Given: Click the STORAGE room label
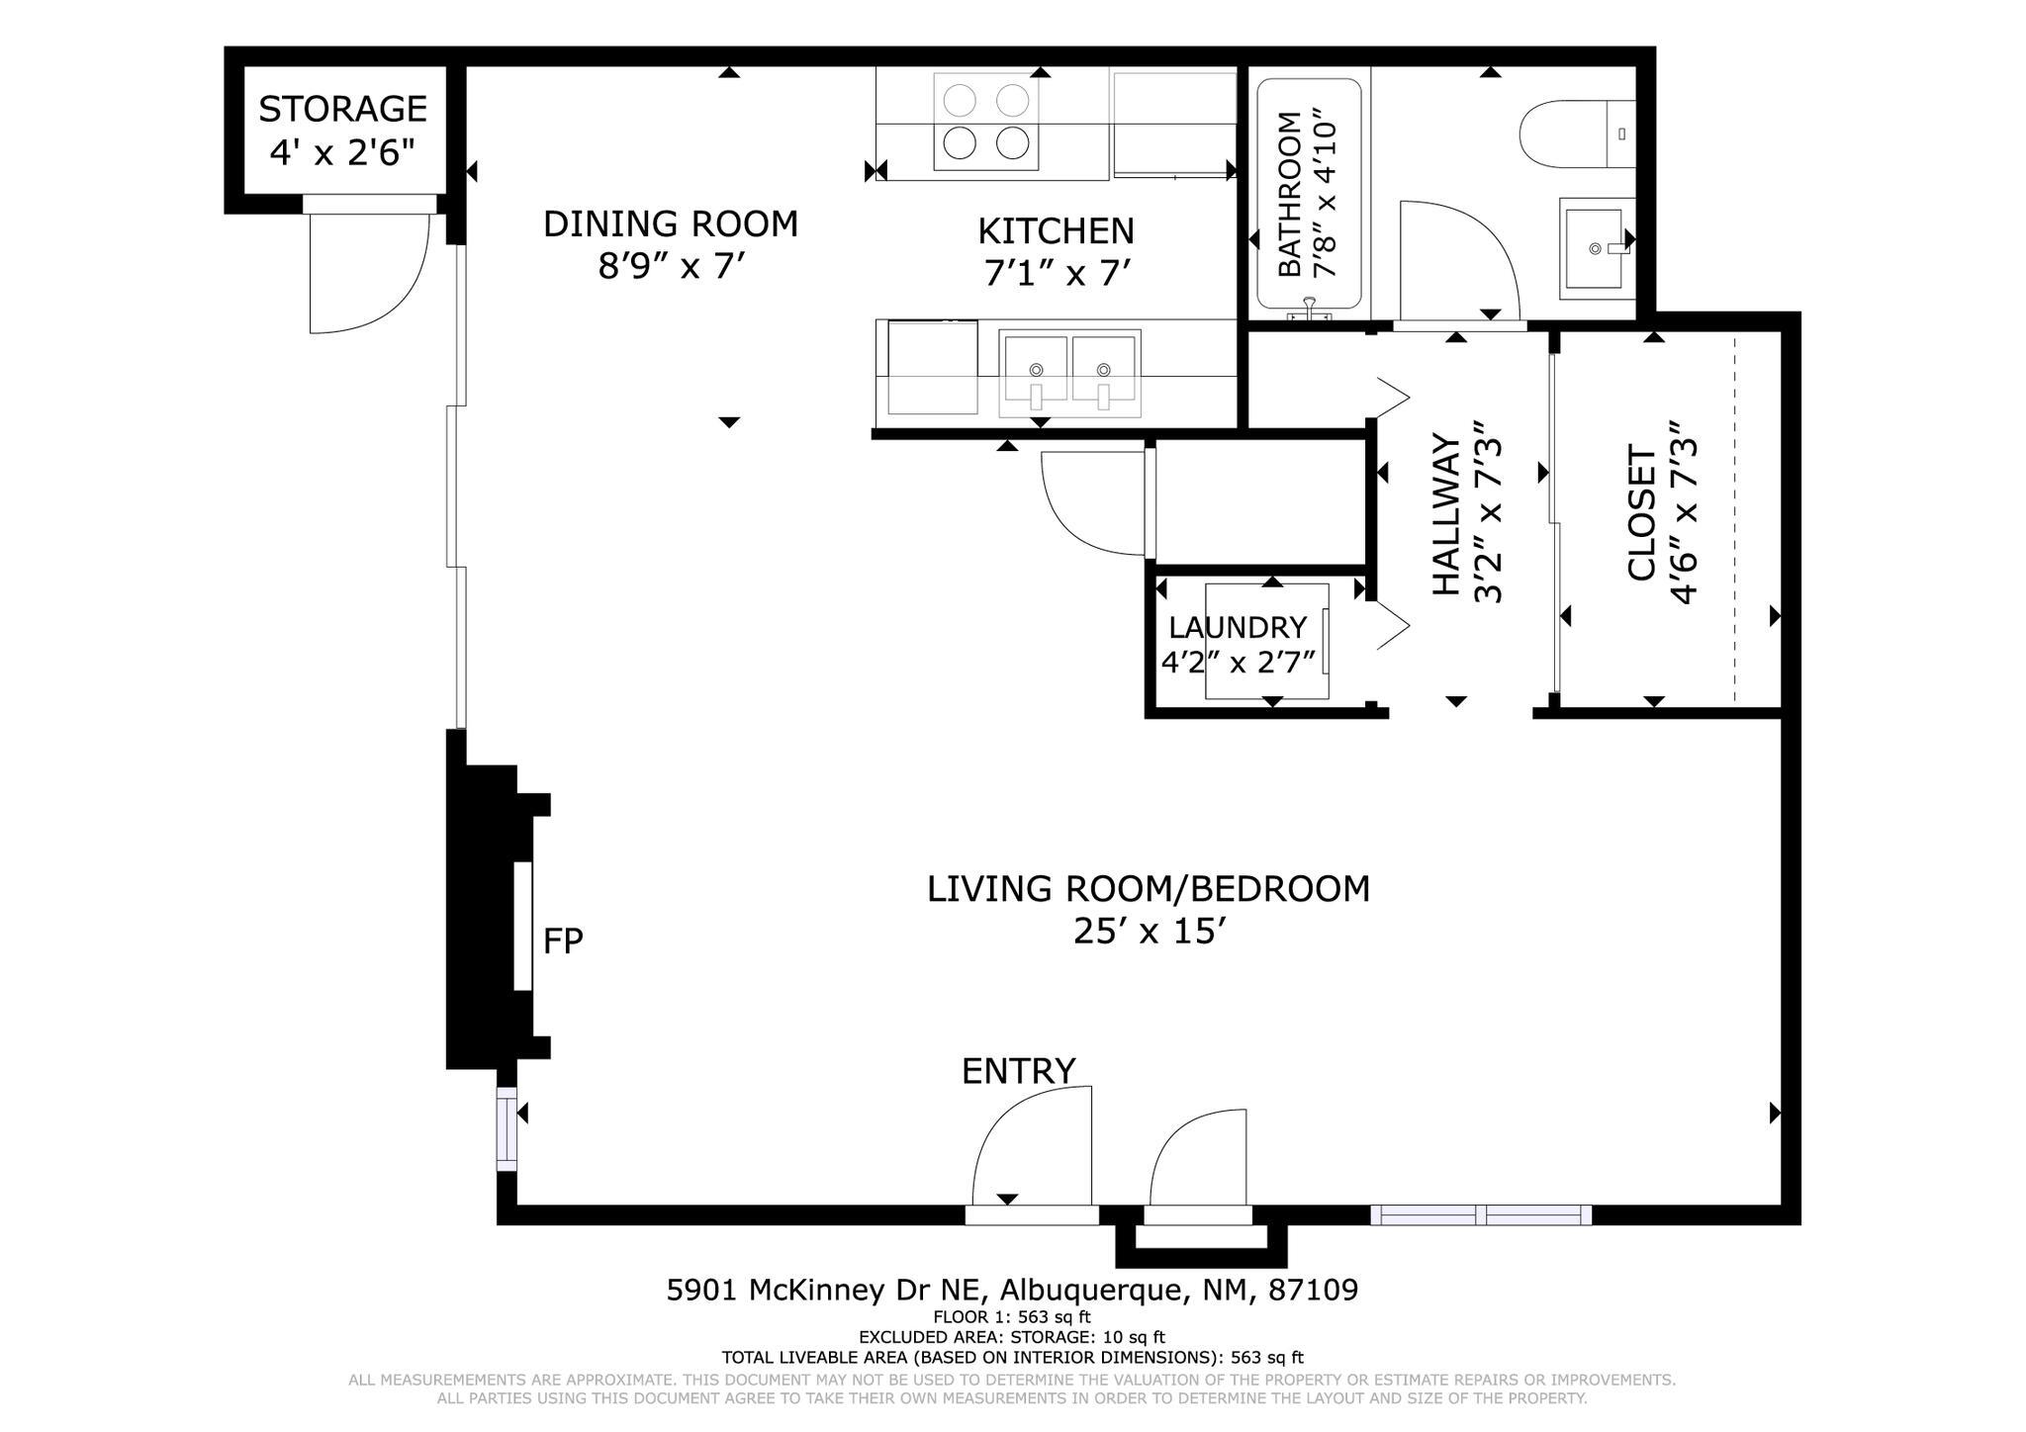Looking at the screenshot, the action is tap(342, 109).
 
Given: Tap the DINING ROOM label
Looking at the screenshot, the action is tap(671, 224).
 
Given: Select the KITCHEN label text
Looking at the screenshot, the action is tap(1056, 231).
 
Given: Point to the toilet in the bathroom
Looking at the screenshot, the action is tap(1577, 134).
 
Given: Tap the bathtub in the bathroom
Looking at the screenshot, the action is tap(1309, 194).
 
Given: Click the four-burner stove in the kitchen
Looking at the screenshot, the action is tap(986, 122).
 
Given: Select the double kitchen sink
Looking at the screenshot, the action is tap(1069, 373).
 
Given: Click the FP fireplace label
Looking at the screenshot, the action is tap(563, 940).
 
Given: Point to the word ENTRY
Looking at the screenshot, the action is tap(1018, 1071).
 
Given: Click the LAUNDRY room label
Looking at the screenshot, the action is tap(1238, 628).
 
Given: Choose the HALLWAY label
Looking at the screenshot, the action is tap(1446, 514).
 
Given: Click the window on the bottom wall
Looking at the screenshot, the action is tap(1481, 1215).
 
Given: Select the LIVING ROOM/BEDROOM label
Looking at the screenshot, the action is tap(1149, 889).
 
